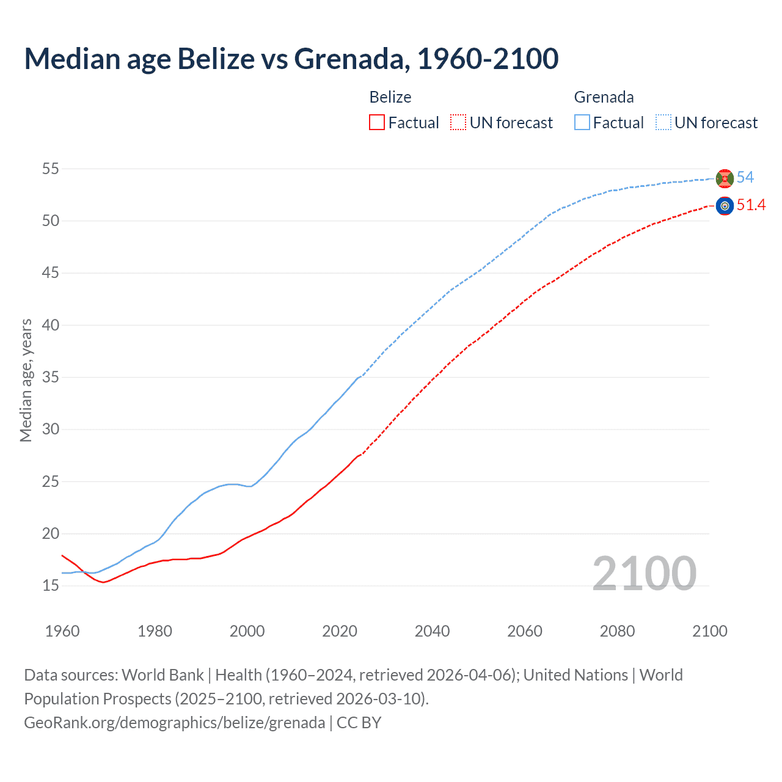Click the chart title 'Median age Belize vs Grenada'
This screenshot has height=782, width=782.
(291, 59)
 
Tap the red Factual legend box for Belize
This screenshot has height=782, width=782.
(377, 122)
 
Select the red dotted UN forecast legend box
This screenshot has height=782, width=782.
(458, 122)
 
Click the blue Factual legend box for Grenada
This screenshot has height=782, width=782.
(582, 122)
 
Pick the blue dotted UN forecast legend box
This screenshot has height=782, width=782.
(663, 122)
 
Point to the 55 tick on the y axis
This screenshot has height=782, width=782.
(51, 169)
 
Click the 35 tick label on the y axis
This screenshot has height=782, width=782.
(51, 377)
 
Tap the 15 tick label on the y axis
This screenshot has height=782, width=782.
(51, 585)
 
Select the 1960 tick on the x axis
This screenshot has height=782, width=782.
(62, 630)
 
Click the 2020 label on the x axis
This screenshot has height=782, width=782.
(340, 630)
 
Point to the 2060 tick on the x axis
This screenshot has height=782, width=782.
(525, 630)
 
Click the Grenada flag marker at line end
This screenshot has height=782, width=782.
(725, 178)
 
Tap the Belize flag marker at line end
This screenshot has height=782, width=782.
(725, 206)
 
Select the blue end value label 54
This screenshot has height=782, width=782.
(745, 177)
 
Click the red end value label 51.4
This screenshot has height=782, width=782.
(751, 205)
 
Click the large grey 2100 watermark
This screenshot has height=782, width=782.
(644, 573)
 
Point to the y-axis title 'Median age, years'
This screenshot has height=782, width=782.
(26, 380)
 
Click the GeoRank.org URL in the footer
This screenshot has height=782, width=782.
(174, 722)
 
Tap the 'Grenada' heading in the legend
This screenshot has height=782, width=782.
(604, 97)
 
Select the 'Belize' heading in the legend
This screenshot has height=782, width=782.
(390, 97)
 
